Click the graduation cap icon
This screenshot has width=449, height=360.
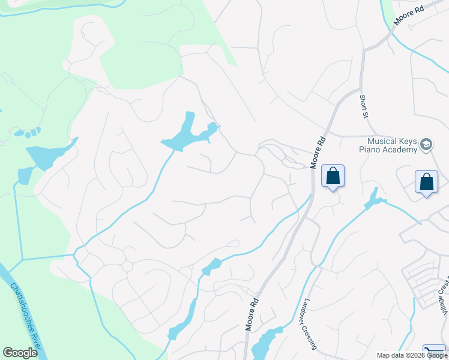coord(426,145)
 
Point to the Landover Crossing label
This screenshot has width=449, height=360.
coord(310,324)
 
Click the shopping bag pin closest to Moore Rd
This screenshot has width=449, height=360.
coord(333,176)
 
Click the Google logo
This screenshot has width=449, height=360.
coord(20,353)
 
